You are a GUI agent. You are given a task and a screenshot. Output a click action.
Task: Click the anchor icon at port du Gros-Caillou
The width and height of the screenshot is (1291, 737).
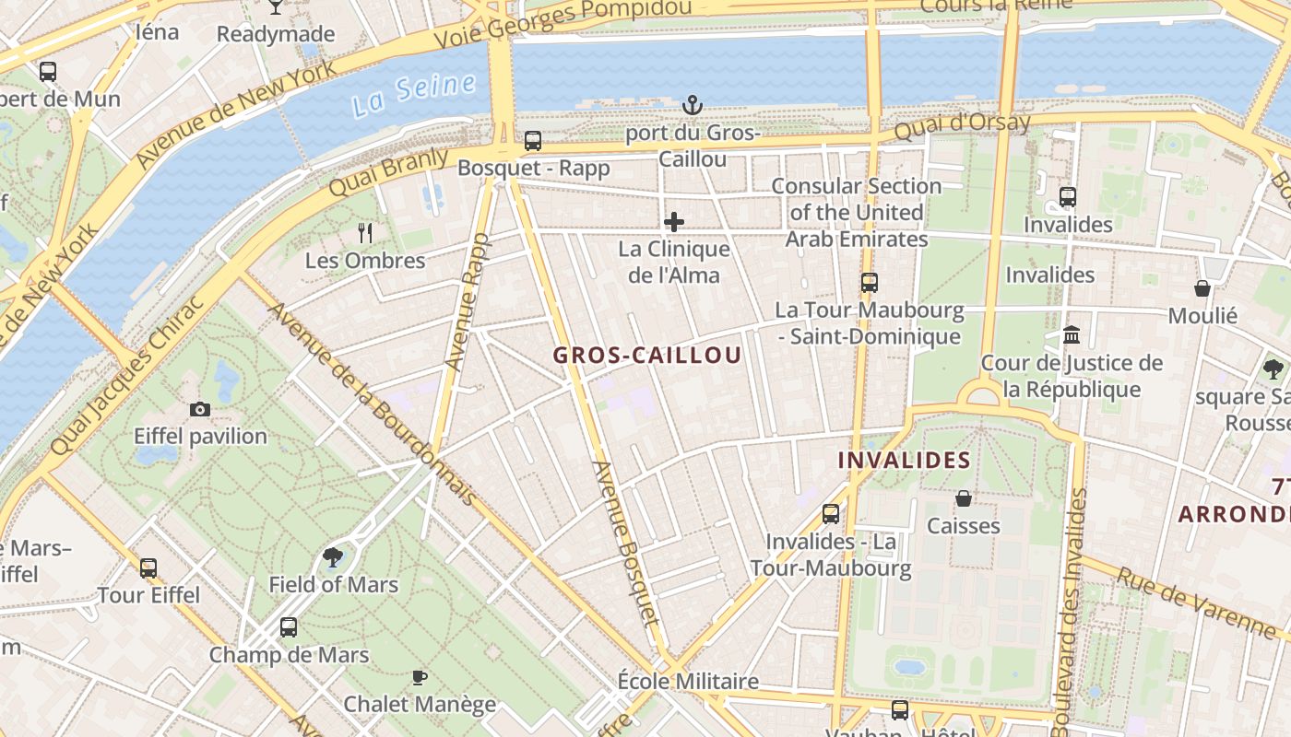692,106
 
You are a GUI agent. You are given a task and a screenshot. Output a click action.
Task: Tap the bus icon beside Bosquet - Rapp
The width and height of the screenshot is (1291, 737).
533,141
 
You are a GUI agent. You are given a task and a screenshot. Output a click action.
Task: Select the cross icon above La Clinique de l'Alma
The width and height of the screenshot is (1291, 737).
674,222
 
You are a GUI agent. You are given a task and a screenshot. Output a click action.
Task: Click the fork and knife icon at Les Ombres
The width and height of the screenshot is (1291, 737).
365,233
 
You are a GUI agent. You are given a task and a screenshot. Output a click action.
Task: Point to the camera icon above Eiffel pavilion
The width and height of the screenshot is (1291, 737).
200,409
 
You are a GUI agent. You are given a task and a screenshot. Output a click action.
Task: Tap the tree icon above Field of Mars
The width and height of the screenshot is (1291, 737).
333,557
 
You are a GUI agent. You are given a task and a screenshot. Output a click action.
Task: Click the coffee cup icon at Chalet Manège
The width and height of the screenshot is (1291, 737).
420,678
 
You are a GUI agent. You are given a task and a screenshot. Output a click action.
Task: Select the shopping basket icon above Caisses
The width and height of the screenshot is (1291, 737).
964,498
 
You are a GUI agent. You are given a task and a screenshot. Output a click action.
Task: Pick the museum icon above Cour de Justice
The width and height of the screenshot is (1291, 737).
1072,335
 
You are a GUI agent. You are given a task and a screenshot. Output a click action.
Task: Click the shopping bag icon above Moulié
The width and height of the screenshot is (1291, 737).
1202,288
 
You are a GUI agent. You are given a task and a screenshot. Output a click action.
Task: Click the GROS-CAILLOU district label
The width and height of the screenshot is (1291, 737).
647,356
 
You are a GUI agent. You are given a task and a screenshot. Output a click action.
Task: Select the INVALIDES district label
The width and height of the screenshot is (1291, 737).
904,460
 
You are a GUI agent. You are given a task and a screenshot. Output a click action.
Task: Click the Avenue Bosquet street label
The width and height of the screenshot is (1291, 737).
627,544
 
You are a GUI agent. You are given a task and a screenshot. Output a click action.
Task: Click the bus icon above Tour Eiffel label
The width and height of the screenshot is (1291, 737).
148,567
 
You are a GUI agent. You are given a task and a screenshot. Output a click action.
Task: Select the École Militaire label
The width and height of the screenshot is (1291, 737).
688,682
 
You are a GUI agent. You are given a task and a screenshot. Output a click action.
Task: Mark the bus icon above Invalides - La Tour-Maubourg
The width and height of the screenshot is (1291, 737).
831,514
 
